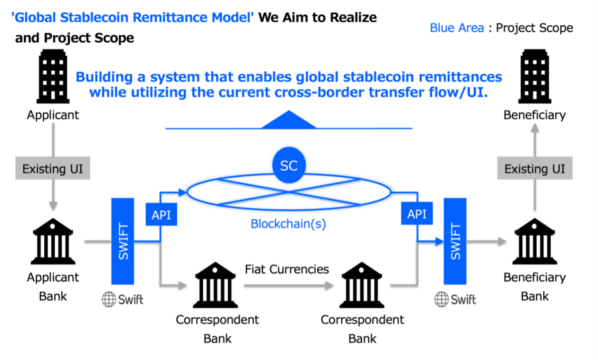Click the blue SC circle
289,166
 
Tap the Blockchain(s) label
288,224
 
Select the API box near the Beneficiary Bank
416,214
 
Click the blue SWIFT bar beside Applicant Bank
122,241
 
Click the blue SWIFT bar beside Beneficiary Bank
455,241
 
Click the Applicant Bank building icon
53,241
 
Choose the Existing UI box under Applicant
53,169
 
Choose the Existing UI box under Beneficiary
534,169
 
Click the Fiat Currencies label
287,269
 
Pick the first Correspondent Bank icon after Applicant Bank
215,285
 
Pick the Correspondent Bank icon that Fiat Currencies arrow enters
361,285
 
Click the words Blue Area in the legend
457,28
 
